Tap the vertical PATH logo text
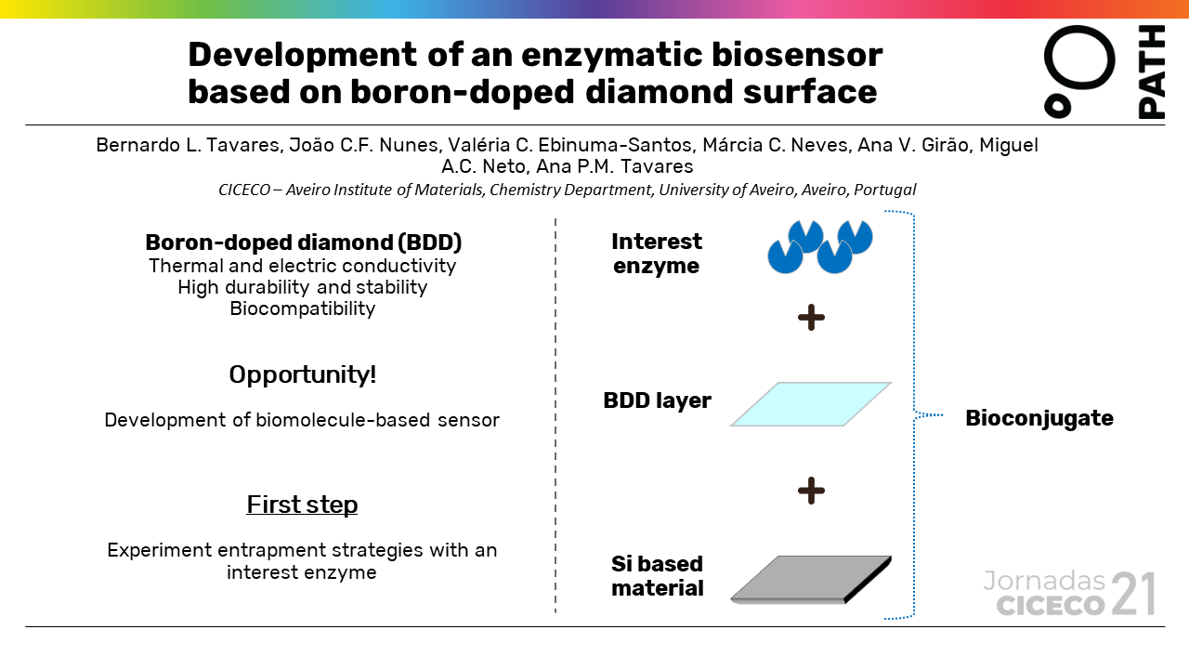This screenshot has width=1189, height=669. tap(1151, 72)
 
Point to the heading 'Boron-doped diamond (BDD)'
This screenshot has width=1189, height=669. tap(304, 243)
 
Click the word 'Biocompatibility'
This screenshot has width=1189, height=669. tap(303, 308)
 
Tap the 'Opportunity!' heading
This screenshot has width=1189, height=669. tap(303, 374)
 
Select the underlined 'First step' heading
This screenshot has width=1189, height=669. tap(302, 505)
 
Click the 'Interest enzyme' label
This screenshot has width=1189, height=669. tap(657, 254)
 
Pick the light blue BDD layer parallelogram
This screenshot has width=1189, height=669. tap(811, 404)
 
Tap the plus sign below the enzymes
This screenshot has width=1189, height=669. tap(811, 319)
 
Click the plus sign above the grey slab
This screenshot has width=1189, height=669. tap(811, 491)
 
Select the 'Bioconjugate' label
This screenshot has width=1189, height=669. tap(1039, 418)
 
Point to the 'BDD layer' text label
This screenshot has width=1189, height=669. tap(657, 401)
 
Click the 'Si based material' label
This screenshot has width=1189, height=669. tap(657, 576)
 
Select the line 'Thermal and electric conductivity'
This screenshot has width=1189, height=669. tap(303, 266)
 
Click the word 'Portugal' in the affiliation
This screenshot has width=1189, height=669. tap(882, 190)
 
